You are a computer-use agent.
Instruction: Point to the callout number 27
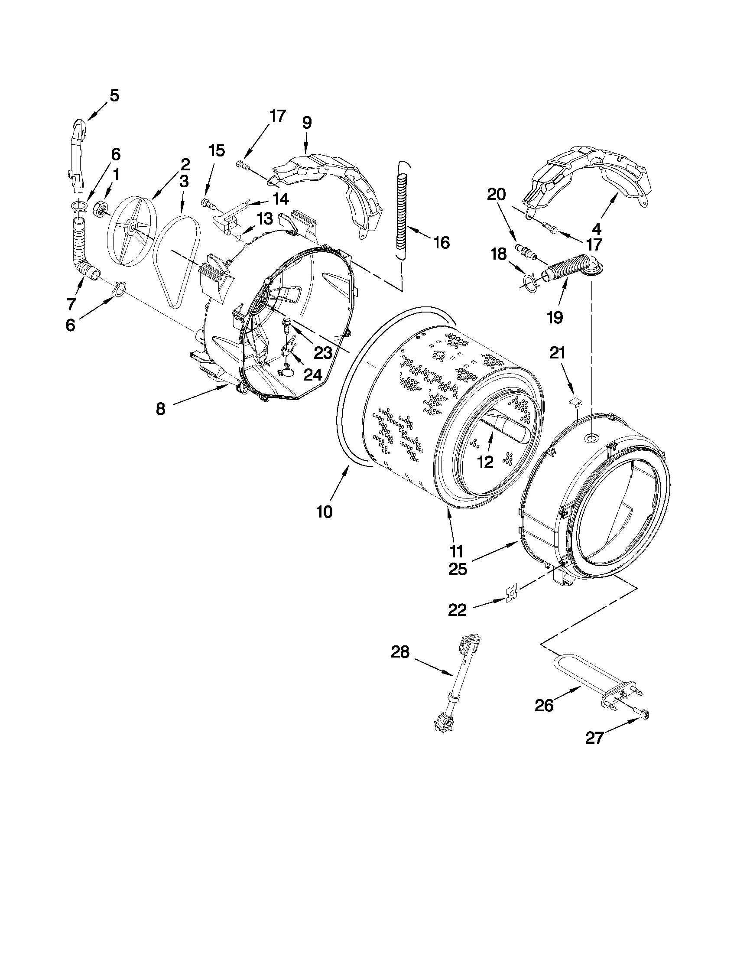tap(594, 738)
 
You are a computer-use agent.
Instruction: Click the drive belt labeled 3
tap(177, 262)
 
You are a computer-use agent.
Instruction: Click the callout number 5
tap(114, 95)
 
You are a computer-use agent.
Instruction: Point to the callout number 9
tap(306, 123)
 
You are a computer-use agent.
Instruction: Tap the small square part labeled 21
tap(576, 401)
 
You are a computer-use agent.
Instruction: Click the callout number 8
tap(160, 409)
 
